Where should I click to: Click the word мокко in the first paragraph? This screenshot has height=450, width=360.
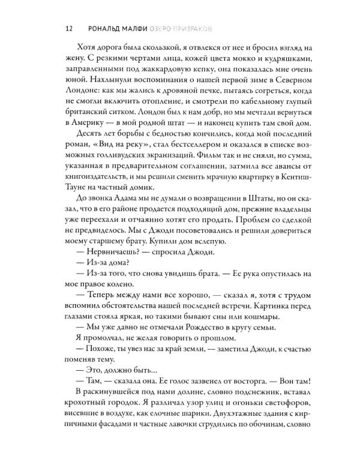click(x=225, y=64)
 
